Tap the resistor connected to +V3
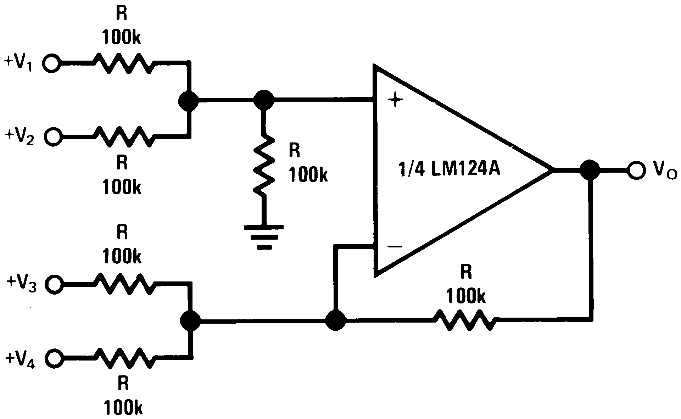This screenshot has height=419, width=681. click(x=124, y=284)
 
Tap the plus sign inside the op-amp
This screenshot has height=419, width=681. click(x=395, y=101)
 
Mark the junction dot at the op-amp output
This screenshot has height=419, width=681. click(x=590, y=170)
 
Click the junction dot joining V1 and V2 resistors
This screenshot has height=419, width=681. click(x=188, y=100)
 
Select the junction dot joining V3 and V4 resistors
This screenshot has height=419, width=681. click(x=190, y=321)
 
